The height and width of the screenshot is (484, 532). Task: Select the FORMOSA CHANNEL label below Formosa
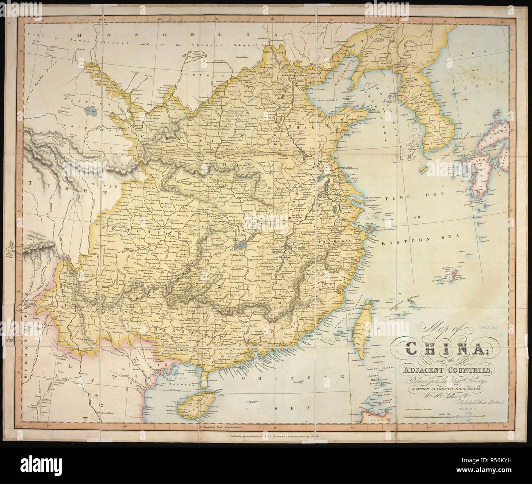coord(370,368)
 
